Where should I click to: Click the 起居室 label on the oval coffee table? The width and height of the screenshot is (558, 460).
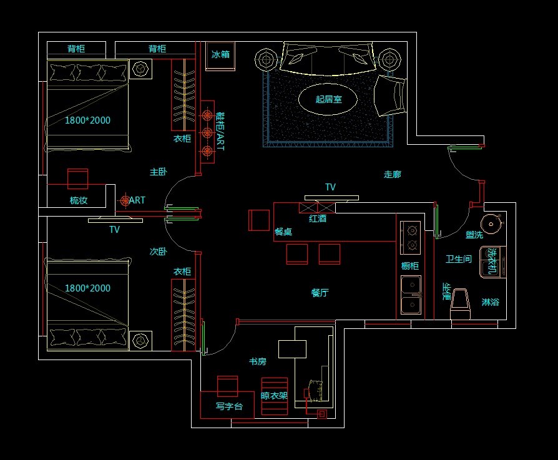(328, 99)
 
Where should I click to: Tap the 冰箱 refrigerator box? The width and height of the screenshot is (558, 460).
(220, 56)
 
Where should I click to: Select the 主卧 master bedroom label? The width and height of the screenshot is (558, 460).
(159, 172)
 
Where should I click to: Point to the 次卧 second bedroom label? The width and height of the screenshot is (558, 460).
(158, 252)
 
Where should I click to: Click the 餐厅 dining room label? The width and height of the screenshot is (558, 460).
(320, 293)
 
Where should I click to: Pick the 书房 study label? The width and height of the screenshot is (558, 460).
(258, 361)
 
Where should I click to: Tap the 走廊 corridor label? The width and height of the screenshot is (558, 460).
(393, 175)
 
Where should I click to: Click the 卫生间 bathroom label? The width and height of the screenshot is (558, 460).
(459, 259)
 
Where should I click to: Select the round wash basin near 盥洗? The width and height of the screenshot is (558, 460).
(492, 223)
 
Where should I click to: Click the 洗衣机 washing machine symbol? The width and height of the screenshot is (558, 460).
(492, 262)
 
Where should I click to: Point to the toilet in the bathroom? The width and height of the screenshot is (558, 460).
(461, 303)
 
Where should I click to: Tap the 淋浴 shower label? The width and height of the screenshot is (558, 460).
(490, 302)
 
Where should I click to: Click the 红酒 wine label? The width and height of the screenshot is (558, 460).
(318, 218)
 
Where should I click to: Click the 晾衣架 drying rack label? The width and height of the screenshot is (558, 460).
(274, 395)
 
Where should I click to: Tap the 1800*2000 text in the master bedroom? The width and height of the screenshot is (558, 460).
(87, 120)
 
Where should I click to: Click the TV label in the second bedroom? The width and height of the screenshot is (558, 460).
(114, 230)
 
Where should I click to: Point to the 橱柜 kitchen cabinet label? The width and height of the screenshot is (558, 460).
(410, 267)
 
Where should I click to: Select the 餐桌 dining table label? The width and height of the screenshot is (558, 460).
(283, 232)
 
